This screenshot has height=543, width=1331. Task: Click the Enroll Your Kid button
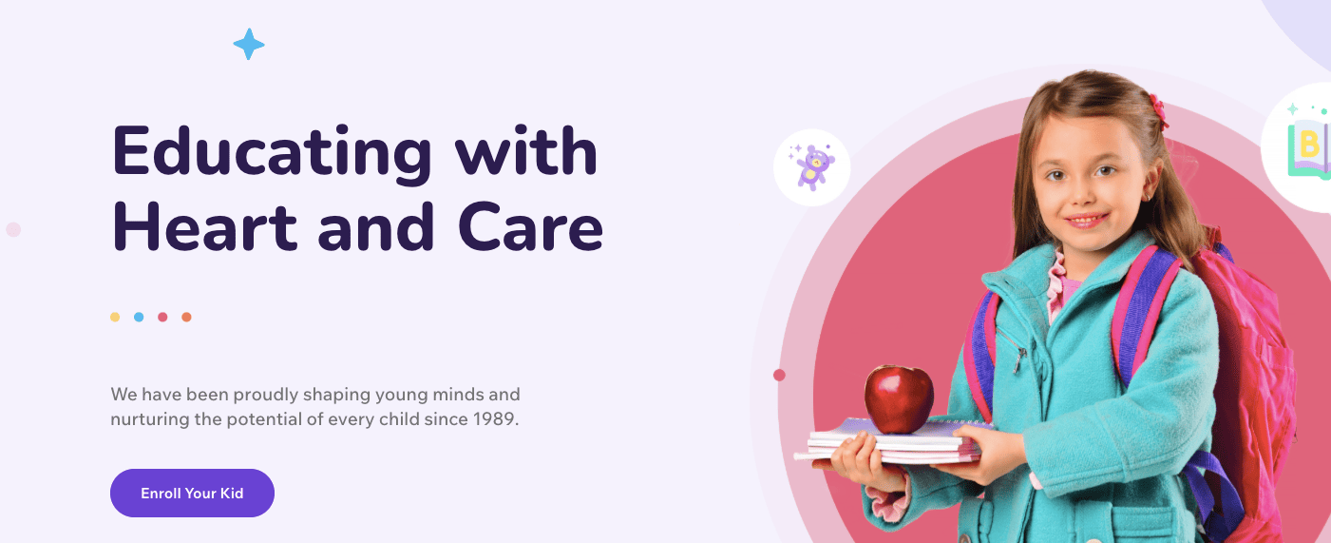192,493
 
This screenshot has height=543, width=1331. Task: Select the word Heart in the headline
205,229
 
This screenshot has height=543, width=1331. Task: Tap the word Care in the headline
530,229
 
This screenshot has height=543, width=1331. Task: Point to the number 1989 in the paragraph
494,418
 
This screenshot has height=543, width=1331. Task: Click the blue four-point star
249,44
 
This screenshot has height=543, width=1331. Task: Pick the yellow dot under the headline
115,317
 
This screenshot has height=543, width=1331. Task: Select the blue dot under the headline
139,317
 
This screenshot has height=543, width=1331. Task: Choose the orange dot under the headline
186,317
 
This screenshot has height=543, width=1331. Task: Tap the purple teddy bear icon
812,167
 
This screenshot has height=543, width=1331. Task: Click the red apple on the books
899,398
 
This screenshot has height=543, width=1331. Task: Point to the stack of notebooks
893,445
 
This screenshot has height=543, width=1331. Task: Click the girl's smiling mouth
1085,221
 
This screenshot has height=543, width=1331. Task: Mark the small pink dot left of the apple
779,375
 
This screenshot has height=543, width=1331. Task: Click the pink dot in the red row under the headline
162,317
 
